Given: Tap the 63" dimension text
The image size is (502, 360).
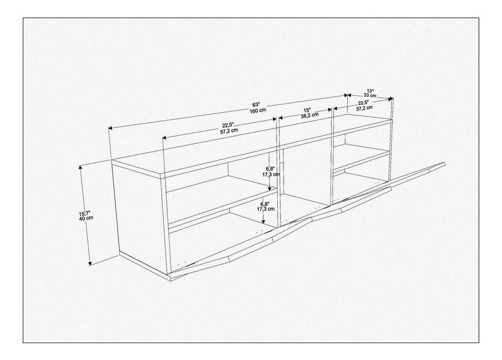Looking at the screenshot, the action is pos(256,105).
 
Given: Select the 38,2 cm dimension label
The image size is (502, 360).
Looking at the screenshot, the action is pos(309,115).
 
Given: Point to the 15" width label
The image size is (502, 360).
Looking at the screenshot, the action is pos(307,109).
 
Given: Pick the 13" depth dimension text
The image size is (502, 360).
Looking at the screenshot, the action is pos(370,90).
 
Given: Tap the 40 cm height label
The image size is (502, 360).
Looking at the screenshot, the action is pos(86,218).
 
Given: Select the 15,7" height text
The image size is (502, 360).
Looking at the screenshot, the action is pos(85,213).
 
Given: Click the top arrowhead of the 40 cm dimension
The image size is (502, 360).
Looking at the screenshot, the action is pos(81,167).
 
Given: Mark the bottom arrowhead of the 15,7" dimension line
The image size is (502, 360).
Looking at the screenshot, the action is pos(90,263).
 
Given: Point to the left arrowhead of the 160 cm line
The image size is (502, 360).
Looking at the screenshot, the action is pos(110,128).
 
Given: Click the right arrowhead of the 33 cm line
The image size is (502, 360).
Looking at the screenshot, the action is pos(390,99).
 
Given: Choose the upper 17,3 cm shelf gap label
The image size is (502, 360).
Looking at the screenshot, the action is pos(271,174).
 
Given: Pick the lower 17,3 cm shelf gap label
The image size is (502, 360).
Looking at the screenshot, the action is pos(266,209).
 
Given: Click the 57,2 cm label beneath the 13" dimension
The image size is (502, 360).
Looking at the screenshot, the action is pos(364,108).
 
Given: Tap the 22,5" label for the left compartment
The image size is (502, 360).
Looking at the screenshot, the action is pos(228,125).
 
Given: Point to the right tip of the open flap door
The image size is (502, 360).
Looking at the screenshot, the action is pos(444,164).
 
